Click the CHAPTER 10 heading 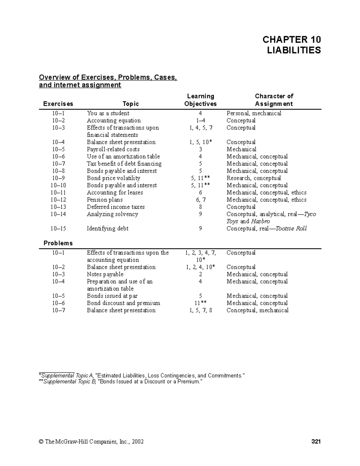tap(291, 39)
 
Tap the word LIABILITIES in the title tap(294, 50)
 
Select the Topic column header tap(130, 104)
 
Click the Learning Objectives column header tap(200, 100)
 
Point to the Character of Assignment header tap(274, 100)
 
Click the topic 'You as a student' tap(108, 113)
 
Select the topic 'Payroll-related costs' tap(113, 149)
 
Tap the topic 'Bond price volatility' tap(113, 178)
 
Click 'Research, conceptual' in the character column tap(253, 178)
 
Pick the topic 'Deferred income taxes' tap(115, 207)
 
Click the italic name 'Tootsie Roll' tap(291, 228)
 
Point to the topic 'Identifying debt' tap(107, 228)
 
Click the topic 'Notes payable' tap(105, 274)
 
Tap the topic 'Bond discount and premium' tap(123, 303)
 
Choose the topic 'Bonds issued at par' tap(112, 296)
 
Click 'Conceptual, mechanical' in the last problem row tap(257, 310)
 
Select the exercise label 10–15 tap(58, 228)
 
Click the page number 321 tap(316, 442)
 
